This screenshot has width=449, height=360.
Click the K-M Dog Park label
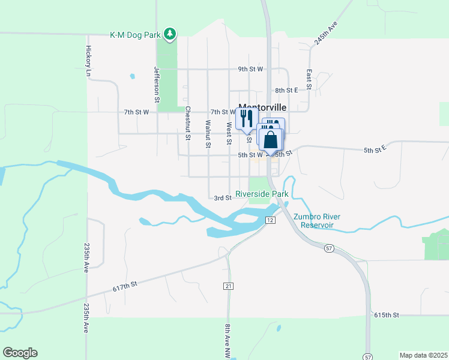point(136,35)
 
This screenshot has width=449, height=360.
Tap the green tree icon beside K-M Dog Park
point(170,34)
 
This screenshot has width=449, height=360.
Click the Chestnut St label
point(187,123)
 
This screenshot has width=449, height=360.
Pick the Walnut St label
point(208,134)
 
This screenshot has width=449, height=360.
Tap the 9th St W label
point(250,69)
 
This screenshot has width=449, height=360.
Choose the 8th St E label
point(287,91)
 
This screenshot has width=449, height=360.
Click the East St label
point(309,79)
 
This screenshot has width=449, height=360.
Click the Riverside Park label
point(262,194)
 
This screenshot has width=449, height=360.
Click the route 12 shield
point(271,221)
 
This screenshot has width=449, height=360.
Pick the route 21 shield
point(228,286)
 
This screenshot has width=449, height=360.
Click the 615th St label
point(387,315)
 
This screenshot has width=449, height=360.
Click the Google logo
point(20,353)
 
